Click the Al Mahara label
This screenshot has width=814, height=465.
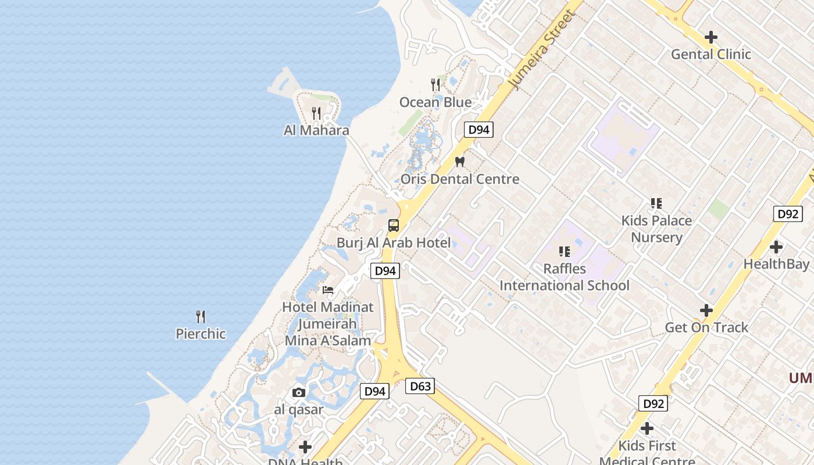pyautogui.click(x=316, y=130)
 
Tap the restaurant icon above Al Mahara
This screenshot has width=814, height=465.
pyautogui.click(x=316, y=113)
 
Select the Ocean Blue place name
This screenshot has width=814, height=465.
pyautogui.click(x=435, y=102)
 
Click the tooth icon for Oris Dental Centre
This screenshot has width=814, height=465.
pyautogui.click(x=460, y=162)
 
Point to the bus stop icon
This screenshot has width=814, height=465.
pyautogui.click(x=394, y=226)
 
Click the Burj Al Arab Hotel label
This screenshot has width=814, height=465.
pyautogui.click(x=394, y=243)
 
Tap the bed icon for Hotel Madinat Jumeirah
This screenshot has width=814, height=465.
pyautogui.click(x=328, y=289)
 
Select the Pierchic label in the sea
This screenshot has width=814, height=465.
pyautogui.click(x=201, y=334)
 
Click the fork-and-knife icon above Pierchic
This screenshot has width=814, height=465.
pyautogui.click(x=201, y=317)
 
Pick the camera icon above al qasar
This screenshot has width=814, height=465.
pyautogui.click(x=299, y=393)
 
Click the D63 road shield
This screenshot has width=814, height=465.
pyautogui.click(x=420, y=386)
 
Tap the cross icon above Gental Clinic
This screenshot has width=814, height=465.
pyautogui.click(x=711, y=37)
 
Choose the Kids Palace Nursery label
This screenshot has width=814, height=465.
pyautogui.click(x=656, y=229)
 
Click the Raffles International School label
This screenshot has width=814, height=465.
pyautogui.click(x=565, y=277)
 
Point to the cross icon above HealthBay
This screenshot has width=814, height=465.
pyautogui.click(x=776, y=247)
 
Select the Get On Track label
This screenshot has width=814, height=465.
pyautogui.click(x=706, y=328)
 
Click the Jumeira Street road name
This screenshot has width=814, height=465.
pyautogui.click(x=541, y=49)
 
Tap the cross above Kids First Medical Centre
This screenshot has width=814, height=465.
pyautogui.click(x=647, y=429)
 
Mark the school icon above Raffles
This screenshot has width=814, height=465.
pyautogui.click(x=565, y=252)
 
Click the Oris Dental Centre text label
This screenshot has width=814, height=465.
pyautogui.click(x=460, y=179)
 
